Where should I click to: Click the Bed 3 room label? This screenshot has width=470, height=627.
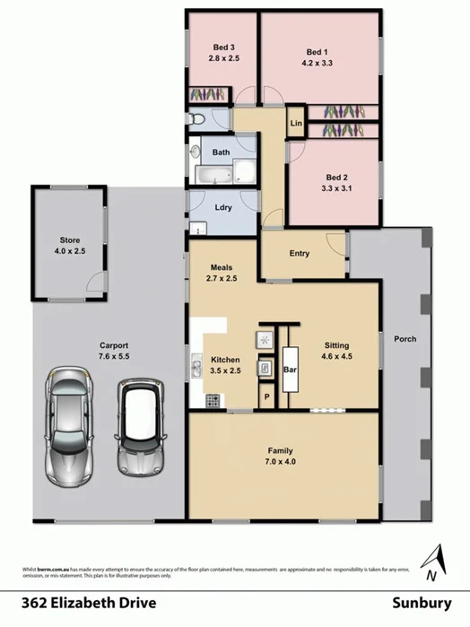(223, 48)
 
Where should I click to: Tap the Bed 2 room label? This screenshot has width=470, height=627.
(335, 178)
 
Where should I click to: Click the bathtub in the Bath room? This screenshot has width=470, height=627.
(212, 175)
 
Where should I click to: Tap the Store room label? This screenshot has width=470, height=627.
(70, 240)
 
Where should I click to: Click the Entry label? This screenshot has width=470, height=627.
(299, 253)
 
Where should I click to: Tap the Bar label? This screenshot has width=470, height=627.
(290, 368)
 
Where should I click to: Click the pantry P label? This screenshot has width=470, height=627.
(265, 396)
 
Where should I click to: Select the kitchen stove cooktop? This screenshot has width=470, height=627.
(215, 398)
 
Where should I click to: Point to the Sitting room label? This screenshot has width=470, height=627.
(336, 344)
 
